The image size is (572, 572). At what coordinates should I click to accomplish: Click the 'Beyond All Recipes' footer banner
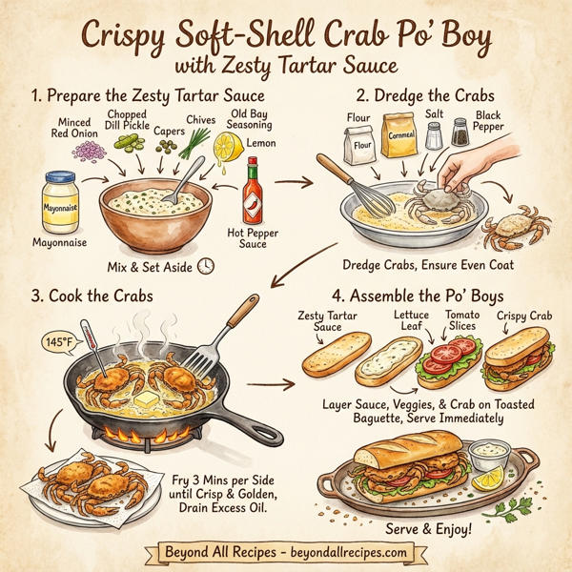(286, 552)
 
